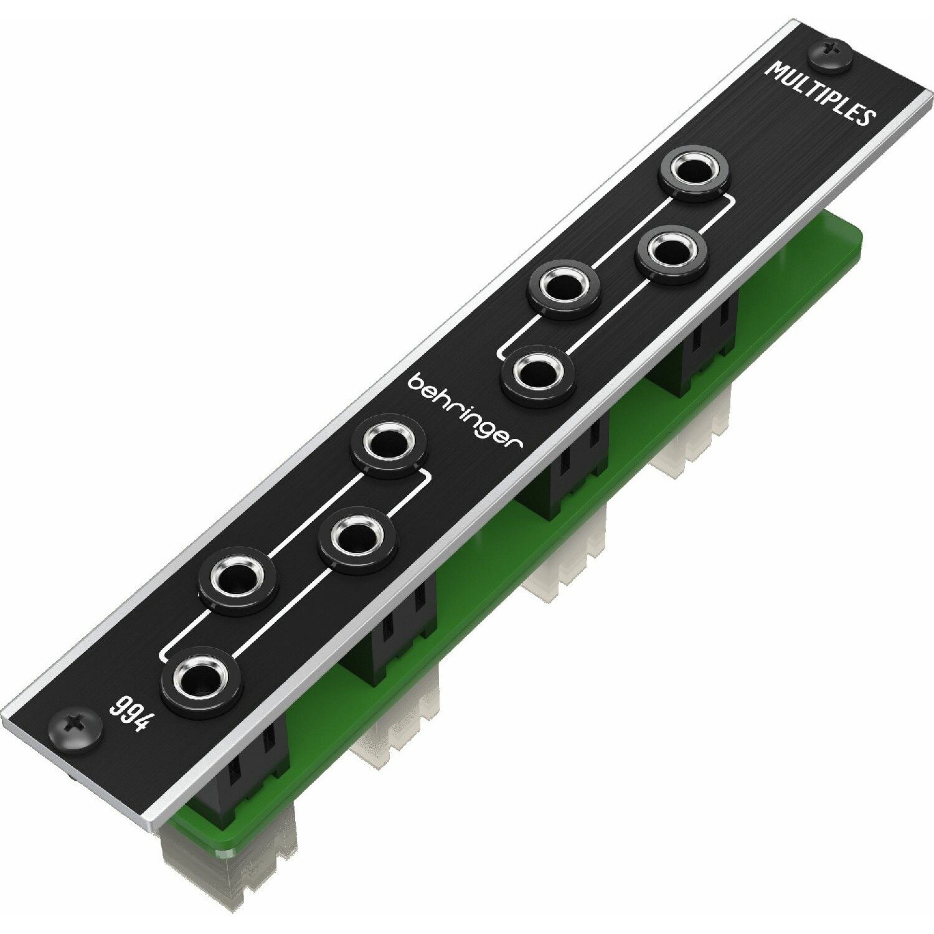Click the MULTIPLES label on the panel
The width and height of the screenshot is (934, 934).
[821, 93]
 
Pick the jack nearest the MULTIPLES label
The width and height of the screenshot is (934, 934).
[695, 169]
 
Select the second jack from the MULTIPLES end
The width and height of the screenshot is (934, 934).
[671, 252]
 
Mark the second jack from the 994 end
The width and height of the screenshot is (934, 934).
[237, 577]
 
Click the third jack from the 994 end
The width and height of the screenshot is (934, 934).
[357, 537]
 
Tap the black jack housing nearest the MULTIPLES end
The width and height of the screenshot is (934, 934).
[707, 336]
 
